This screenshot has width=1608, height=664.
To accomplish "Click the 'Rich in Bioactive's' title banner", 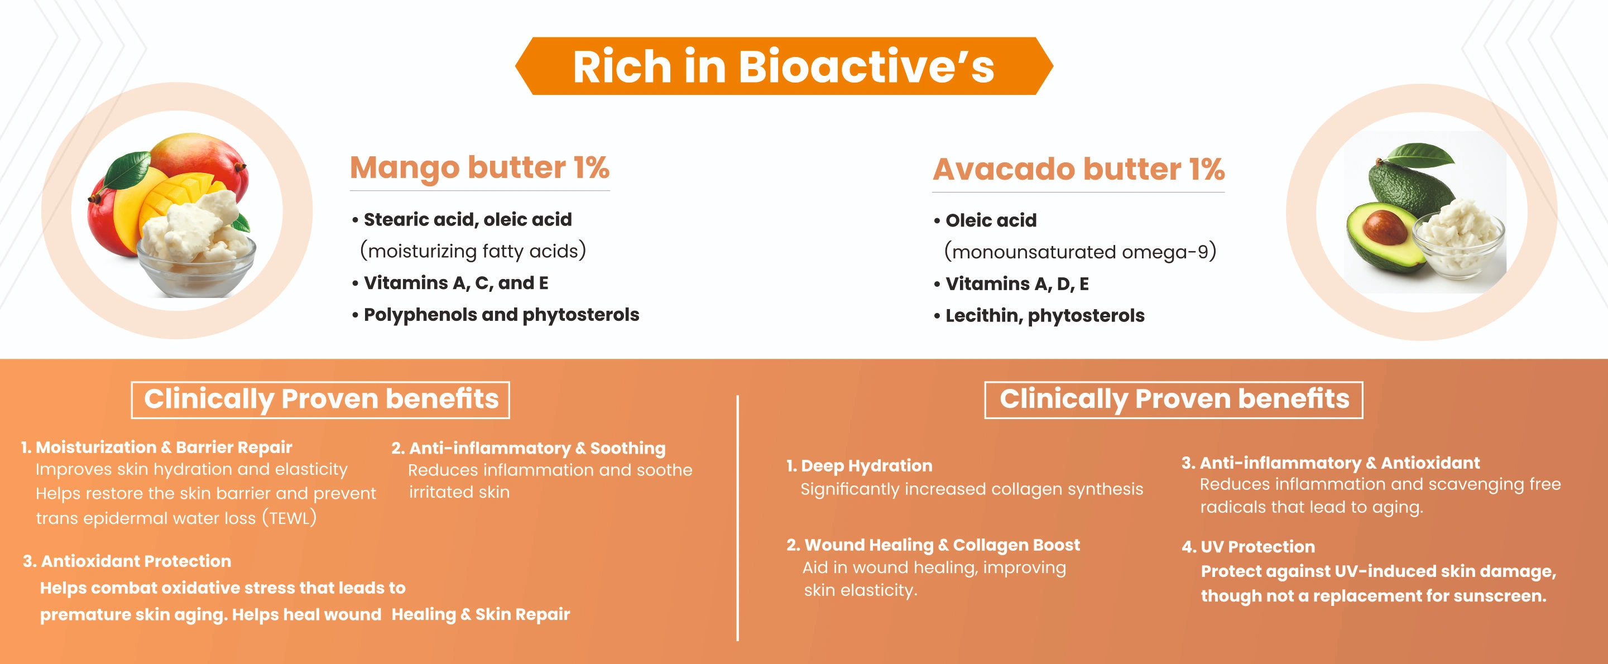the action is [x=784, y=66].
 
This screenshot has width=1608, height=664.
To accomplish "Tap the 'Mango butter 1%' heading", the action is [x=479, y=167].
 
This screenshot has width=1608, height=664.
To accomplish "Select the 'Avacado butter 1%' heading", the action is [x=1079, y=169].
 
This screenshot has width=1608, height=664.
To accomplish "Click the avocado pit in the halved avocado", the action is [x=1385, y=227].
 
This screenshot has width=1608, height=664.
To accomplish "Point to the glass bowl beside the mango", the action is [x=196, y=265].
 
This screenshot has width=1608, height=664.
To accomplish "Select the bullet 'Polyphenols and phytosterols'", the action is [x=496, y=315].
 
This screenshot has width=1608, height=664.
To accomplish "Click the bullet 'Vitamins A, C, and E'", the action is [x=450, y=283].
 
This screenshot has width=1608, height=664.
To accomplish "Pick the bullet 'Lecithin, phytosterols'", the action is [x=1039, y=316].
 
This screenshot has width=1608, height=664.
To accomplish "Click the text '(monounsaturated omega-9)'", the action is [x=1080, y=252].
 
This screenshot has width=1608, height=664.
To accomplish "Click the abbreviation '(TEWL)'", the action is [x=289, y=518].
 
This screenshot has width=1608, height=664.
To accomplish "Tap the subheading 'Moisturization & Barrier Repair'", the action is [x=164, y=447].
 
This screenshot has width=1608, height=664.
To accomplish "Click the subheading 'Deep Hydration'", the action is [x=866, y=465].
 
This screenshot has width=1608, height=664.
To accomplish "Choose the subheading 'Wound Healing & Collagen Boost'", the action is [x=942, y=545].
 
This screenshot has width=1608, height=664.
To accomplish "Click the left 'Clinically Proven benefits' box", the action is [x=320, y=400].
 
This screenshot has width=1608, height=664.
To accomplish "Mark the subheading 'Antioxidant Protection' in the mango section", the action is [x=136, y=561].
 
